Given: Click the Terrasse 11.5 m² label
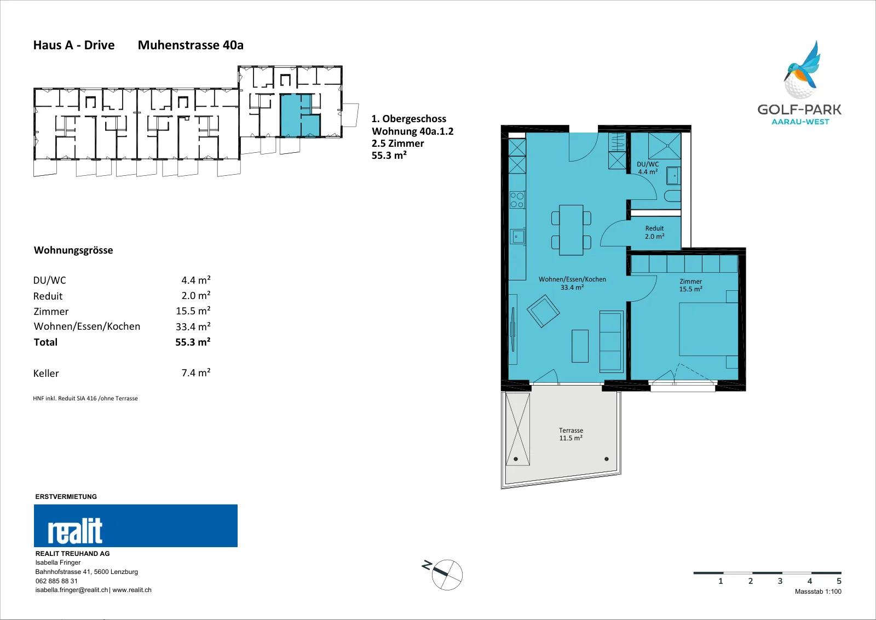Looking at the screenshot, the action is tap(571, 434).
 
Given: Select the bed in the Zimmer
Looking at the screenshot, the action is tap(708, 329).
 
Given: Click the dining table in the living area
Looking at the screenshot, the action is tap(571, 230).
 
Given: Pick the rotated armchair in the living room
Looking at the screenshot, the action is tap(543, 311).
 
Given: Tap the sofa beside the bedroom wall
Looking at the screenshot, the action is tap(611, 341).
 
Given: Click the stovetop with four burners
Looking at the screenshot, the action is tap(517, 199).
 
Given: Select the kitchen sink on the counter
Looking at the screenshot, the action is tap(517, 236).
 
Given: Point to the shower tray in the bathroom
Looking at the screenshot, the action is tap(665, 146).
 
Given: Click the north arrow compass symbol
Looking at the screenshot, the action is tap(446, 574).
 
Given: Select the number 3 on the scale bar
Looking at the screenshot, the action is tap(780, 581).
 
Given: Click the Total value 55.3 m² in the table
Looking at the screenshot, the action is tap(193, 342).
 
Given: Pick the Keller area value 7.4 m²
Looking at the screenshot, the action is tap(196, 372).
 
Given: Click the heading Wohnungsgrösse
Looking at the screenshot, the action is tap(73, 250).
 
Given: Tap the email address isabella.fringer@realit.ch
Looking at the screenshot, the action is tap(72, 590).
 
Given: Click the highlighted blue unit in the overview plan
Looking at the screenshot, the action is tap(300, 116).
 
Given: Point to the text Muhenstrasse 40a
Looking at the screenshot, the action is tap(191, 45).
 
